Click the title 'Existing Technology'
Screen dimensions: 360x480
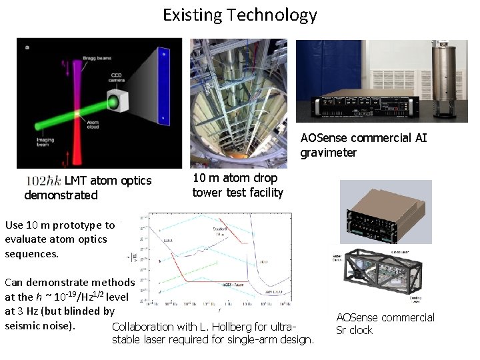[240, 15]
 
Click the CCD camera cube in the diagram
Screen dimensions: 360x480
[113, 102]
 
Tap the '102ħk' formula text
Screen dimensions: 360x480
[43, 181]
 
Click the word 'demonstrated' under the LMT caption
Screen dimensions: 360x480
[61, 195]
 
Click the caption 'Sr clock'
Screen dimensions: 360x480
[355, 331]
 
